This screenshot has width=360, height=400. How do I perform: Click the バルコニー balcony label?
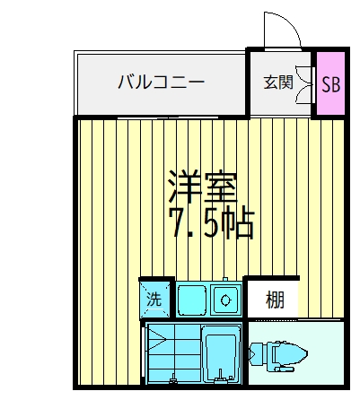pyautogui.click(x=161, y=83)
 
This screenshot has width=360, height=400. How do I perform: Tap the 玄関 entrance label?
pyautogui.click(x=277, y=83)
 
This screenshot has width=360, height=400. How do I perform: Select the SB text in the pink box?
pyautogui.click(x=330, y=83)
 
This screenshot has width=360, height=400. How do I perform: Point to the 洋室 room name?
pyautogui.click(x=201, y=186)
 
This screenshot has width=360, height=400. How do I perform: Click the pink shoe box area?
pyautogui.click(x=330, y=83)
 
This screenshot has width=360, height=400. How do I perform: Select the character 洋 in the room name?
pyautogui.click(x=182, y=186)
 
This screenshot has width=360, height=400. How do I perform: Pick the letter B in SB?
pyautogui.click(x=336, y=83)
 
